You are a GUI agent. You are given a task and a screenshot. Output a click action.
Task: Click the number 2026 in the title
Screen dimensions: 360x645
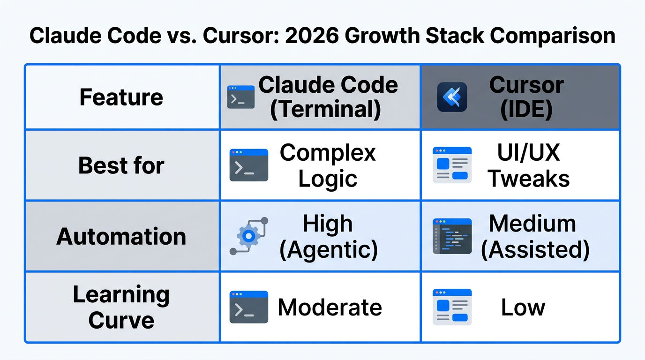click(x=308, y=36)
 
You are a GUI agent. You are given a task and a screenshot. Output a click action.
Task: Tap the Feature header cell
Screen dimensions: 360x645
click(x=121, y=97)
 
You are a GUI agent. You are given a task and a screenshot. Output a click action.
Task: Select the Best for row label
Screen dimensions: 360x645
click(x=121, y=165)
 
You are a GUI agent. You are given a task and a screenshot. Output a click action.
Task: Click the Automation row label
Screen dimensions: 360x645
click(x=121, y=236)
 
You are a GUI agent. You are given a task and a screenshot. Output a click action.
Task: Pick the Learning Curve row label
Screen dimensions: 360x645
click(x=121, y=307)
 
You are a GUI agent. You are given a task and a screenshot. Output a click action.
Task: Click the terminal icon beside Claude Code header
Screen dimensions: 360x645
click(x=240, y=97)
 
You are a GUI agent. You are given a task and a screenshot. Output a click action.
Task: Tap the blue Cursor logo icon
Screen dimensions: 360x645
click(x=452, y=97)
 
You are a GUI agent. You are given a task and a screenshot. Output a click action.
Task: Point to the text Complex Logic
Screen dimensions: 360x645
click(x=328, y=165)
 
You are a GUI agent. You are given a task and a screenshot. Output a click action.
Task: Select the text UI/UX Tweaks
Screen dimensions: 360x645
click(x=529, y=165)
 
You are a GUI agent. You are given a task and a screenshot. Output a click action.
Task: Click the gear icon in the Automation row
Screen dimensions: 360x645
click(x=249, y=236)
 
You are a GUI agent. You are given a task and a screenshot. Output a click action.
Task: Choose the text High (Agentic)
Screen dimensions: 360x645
click(x=328, y=236)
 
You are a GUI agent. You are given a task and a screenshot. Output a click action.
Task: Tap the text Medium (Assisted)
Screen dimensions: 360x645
click(x=534, y=236)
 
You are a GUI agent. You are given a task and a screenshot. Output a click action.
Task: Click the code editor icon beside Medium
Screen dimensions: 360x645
click(x=452, y=236)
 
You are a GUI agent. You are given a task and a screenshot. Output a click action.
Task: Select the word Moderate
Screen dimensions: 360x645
click(x=330, y=307)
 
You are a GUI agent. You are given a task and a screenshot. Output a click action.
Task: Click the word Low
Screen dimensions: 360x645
click(x=523, y=307)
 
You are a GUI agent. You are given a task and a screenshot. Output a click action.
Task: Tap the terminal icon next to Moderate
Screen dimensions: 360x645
click(x=248, y=307)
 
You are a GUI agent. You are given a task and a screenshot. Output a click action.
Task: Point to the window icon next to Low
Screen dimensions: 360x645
click(x=452, y=307)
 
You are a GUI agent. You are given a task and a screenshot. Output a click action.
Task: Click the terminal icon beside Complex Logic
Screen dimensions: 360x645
click(x=248, y=165)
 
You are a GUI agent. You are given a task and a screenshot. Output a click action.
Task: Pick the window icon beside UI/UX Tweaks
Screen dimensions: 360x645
click(x=452, y=165)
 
